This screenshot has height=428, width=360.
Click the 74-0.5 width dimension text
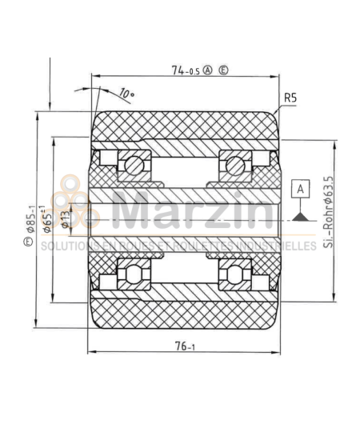tap(186, 70)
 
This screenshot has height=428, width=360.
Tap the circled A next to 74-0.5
tap(208, 70)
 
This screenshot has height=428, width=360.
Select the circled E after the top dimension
tap(223, 70)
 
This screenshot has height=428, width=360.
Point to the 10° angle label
tap(126, 94)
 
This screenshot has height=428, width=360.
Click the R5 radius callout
tap(290, 98)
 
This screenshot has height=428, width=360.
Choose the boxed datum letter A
tap(300, 189)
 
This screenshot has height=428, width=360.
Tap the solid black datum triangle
tap(300, 214)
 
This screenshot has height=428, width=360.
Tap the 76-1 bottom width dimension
tap(185, 346)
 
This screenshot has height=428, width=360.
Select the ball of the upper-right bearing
tap(234, 165)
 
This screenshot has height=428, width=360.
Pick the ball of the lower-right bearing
tap(234, 274)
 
